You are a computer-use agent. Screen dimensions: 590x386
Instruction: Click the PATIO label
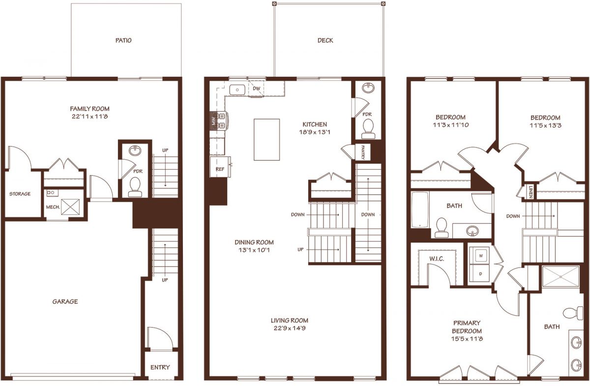click(x=123, y=40)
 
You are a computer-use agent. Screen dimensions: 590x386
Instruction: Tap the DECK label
click(x=325, y=40)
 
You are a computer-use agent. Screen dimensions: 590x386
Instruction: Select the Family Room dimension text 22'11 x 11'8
click(x=90, y=117)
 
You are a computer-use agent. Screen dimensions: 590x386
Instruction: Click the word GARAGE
click(x=65, y=301)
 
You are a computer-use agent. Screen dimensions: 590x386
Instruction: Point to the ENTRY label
click(x=160, y=367)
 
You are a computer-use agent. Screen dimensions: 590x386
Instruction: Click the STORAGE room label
click(x=20, y=194)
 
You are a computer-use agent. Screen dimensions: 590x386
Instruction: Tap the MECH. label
click(x=53, y=207)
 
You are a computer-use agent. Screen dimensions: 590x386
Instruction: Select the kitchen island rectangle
click(x=266, y=139)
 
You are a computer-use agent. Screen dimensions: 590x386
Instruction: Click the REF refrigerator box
click(x=220, y=167)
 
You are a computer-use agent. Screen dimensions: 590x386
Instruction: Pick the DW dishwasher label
click(x=256, y=89)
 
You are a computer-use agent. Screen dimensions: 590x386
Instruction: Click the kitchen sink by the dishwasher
click(x=237, y=89)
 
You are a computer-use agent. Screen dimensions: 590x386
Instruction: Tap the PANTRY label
click(x=363, y=152)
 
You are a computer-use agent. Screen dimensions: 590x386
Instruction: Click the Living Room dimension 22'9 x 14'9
click(x=290, y=328)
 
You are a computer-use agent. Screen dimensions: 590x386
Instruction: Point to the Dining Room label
click(x=254, y=242)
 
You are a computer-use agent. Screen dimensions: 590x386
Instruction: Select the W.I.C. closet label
click(x=437, y=259)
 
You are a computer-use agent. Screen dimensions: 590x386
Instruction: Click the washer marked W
click(x=481, y=256)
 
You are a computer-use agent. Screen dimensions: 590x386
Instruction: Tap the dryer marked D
click(x=481, y=274)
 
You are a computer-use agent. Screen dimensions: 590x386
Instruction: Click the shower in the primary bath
click(x=561, y=276)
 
